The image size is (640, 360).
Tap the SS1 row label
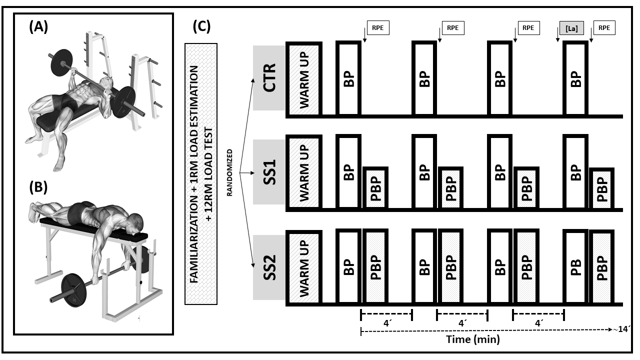[x=268, y=172]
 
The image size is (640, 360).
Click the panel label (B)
[x=38, y=187]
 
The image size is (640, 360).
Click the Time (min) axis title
[x=472, y=339]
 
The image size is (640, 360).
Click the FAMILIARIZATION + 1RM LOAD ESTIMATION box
[x=201, y=173]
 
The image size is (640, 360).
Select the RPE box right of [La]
[x=604, y=28]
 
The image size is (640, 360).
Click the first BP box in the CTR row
[x=349, y=79]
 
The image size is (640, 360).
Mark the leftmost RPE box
[x=377, y=28]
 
